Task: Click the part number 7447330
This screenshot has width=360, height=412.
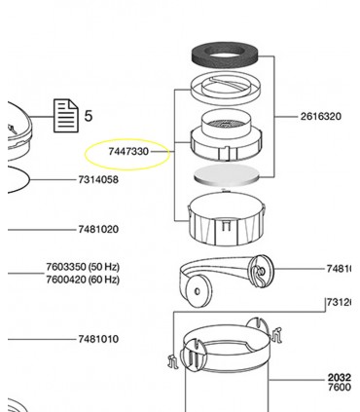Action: (128, 152)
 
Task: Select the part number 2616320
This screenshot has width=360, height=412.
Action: (321, 116)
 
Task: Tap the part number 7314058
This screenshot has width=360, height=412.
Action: (98, 180)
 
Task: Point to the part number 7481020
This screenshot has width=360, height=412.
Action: (98, 230)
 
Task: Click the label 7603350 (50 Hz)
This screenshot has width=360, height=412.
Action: (82, 267)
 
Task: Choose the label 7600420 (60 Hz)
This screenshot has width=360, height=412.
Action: (82, 280)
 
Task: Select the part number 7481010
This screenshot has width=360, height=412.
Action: (98, 339)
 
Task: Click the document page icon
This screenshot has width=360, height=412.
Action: (64, 116)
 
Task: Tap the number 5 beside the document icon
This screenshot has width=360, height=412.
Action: (88, 116)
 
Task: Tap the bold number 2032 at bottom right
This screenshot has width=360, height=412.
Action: (339, 378)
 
